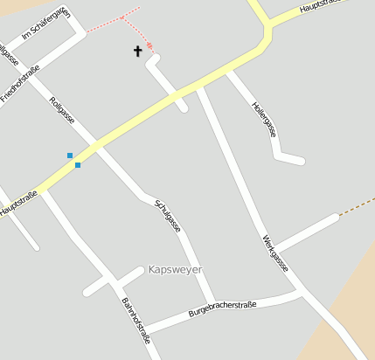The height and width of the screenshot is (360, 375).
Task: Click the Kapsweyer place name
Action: (x=175, y=269)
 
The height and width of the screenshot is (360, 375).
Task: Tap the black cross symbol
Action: (x=137, y=52)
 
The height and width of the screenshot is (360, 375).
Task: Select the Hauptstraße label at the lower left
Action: (x=19, y=204)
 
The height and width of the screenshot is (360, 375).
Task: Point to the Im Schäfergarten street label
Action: (x=45, y=27)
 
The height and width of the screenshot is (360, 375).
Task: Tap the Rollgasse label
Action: (x=63, y=108)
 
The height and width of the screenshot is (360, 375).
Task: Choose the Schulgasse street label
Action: (x=167, y=214)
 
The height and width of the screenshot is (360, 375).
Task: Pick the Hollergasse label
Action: (x=264, y=119)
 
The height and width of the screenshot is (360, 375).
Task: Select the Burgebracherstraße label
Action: (x=222, y=309)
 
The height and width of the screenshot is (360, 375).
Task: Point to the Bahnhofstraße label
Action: (x=135, y=319)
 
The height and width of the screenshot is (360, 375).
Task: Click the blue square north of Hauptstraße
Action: (x=70, y=156)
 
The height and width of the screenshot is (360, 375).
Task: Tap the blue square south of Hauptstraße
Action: (x=78, y=164)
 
